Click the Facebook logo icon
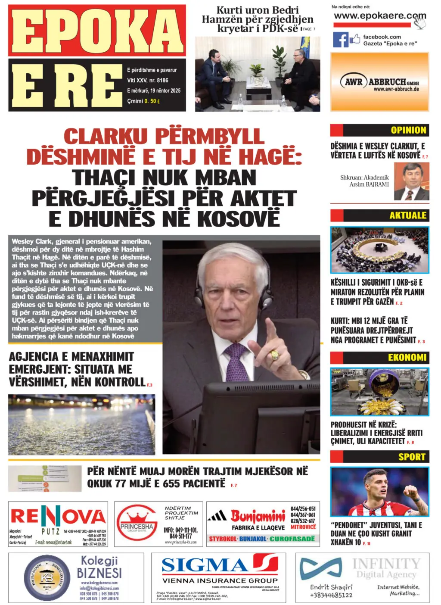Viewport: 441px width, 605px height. click(340, 40)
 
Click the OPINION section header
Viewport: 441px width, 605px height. click(408, 130)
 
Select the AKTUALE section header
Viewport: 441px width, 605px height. click(407, 215)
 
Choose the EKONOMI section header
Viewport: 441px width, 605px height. click(407, 358)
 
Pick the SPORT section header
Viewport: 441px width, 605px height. click(411, 457)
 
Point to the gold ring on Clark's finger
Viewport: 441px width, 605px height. click(274, 356)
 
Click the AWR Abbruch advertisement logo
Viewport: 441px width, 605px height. click(379, 82)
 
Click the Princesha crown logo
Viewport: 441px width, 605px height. click(137, 523)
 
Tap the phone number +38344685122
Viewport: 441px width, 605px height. click(331, 595)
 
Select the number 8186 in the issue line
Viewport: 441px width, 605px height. click(162, 81)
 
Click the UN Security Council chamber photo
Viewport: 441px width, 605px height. click(379, 250)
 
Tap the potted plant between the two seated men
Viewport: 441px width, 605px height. click(258, 72)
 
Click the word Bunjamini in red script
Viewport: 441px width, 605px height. click(258, 516)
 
